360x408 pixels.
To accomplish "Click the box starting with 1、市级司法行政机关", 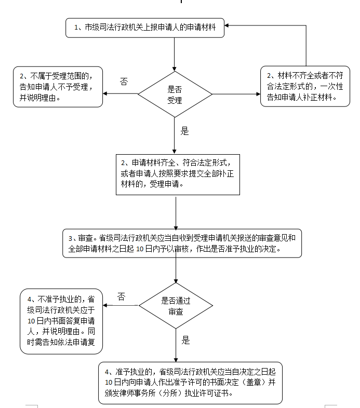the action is [x=145, y=28].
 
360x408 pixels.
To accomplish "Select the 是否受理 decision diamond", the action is [x=175, y=94].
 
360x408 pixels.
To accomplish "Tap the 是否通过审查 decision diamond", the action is [x=176, y=306].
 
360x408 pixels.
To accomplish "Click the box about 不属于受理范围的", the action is [x=58, y=87].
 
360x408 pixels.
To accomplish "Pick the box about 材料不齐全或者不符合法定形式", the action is [x=305, y=86].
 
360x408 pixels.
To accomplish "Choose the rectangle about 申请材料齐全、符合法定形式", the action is [x=178, y=174].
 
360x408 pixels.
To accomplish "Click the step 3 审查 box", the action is [x=182, y=243].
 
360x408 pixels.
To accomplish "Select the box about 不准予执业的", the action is [x=61, y=321].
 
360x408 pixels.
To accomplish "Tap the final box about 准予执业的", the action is [x=191, y=383].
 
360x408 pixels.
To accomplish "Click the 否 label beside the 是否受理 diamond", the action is [x=124, y=82].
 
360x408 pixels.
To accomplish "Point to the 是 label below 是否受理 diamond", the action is [x=184, y=131].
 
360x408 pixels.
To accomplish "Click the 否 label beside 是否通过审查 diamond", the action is [x=121, y=296].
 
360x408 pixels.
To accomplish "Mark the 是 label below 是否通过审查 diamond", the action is [x=185, y=341].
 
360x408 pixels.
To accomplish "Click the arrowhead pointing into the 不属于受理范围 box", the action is [x=105, y=93].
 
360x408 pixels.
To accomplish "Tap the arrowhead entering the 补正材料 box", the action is [x=258, y=94].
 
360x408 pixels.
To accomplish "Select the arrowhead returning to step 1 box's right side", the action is [x=226, y=25].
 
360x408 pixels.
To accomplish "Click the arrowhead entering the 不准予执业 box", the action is [x=105, y=305].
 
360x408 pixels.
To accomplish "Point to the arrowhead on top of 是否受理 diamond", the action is [x=174, y=69].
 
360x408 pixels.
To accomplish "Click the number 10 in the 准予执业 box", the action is [x=109, y=383].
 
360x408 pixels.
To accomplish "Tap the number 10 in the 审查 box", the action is [x=140, y=249].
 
